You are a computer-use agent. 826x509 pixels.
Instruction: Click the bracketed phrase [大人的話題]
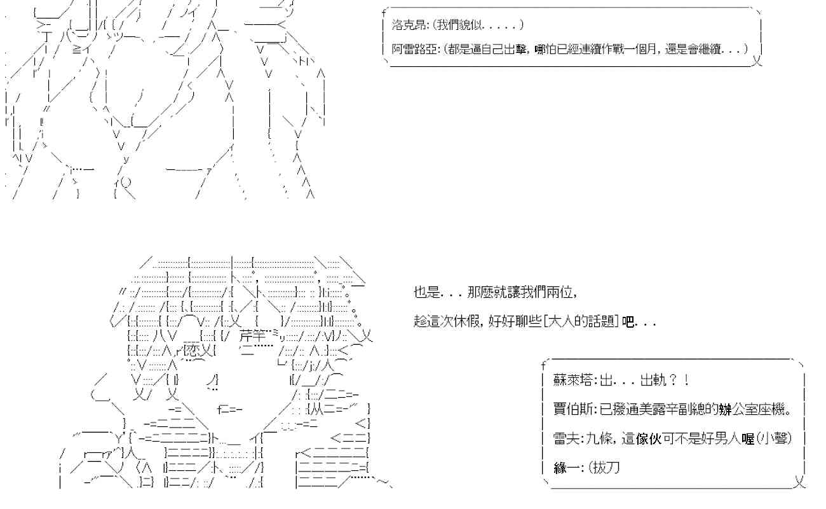tap(580, 322)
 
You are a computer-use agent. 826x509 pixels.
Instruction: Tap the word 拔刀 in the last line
tap(606, 468)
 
